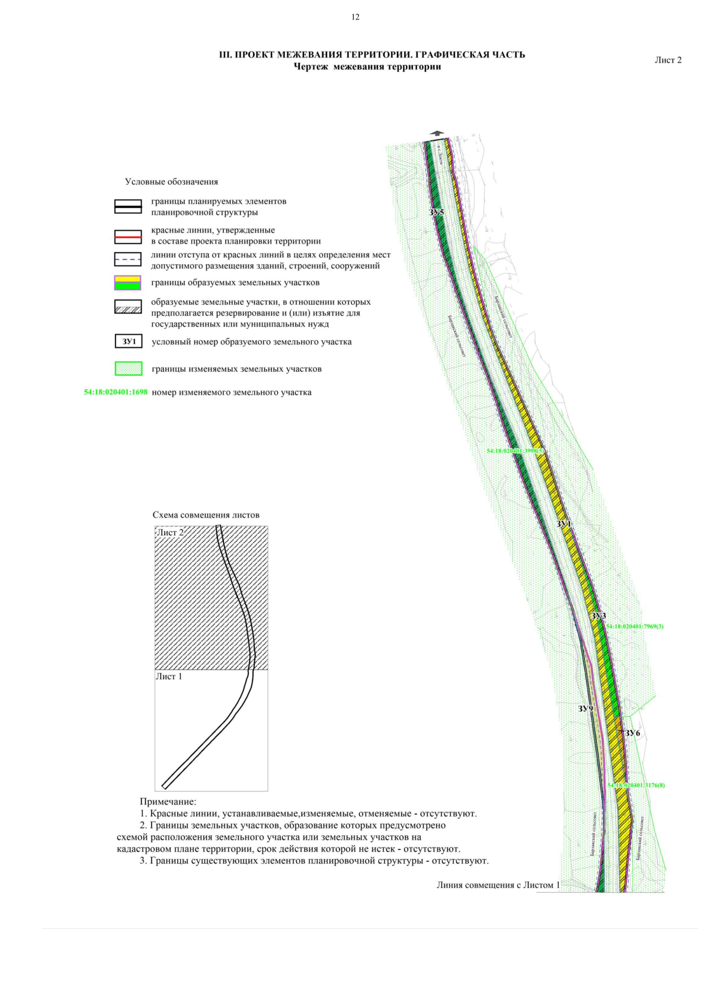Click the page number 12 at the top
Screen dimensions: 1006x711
[355, 17]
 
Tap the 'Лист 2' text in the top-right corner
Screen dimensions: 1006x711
[668, 60]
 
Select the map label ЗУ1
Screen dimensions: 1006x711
[563, 525]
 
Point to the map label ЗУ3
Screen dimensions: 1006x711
[598, 616]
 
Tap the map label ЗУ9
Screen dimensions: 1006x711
[585, 708]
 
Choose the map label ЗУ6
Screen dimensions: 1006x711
[633, 733]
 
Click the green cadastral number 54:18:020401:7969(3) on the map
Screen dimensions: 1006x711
[635, 626]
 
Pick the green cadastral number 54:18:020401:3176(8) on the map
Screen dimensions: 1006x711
[636, 785]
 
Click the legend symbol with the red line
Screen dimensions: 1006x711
[128, 237]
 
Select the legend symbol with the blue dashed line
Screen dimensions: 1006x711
[128, 259]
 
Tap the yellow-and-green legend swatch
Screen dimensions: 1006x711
[128, 283]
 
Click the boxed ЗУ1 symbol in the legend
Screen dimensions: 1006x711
[129, 341]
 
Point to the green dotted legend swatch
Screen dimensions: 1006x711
[128, 369]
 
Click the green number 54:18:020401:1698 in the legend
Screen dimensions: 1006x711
[116, 392]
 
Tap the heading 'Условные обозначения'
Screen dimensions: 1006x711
[171, 182]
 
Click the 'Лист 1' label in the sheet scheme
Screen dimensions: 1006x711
[169, 676]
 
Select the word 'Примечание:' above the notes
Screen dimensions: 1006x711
[168, 802]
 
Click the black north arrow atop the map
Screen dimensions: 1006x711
[437, 134]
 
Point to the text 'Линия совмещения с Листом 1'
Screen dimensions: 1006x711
[498, 885]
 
